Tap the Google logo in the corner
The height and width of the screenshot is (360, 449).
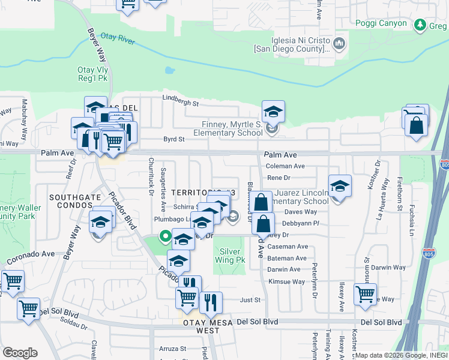[20, 352]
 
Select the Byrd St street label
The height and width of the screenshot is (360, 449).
[173, 139]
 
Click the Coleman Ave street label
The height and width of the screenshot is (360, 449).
[285, 166]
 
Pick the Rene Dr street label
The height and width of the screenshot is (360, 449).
[279, 178]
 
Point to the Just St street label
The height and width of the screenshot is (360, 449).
[250, 299]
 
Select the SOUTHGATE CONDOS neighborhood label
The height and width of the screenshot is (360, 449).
[70, 202]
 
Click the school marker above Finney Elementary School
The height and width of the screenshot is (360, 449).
[273, 112]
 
